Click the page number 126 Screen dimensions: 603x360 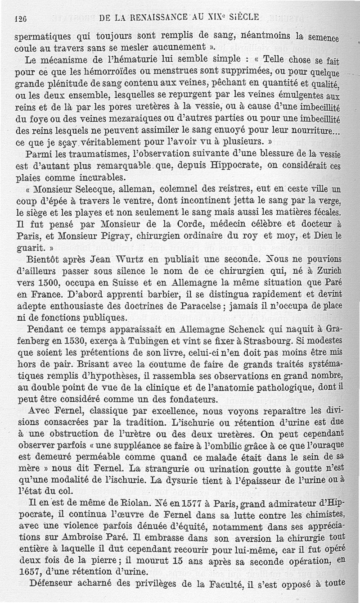coord(21,18)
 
